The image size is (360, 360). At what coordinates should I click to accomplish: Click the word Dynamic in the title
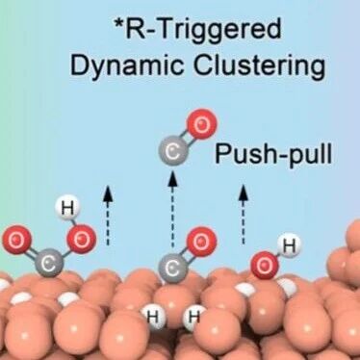click(127, 65)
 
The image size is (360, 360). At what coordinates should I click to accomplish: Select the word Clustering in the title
click(259, 65)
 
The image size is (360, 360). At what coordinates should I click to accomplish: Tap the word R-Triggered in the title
click(204, 29)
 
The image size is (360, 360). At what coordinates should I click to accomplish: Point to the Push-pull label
click(273, 154)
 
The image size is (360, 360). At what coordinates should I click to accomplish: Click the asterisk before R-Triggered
click(120, 23)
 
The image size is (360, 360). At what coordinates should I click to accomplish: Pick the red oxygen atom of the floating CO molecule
click(201, 124)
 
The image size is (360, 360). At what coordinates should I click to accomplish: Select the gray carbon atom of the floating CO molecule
click(173, 152)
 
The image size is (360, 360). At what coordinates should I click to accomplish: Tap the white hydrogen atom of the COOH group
click(67, 208)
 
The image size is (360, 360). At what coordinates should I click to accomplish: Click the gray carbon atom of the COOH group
click(50, 263)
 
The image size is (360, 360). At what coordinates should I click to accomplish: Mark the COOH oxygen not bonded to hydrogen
click(16, 240)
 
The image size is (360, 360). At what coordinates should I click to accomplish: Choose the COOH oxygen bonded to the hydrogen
click(82, 240)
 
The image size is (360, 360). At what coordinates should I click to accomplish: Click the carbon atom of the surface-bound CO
click(173, 269)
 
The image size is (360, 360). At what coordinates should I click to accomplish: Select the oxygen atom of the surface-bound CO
click(201, 242)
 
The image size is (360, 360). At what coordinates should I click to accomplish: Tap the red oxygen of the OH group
click(265, 265)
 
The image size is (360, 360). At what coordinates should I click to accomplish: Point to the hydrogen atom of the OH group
click(289, 245)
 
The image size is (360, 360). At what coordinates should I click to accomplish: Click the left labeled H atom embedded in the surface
click(153, 317)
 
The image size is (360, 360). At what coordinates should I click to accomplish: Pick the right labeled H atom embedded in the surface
click(194, 317)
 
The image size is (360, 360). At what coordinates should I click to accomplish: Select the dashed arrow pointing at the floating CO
click(173, 210)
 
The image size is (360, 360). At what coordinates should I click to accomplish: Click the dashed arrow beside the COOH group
click(108, 216)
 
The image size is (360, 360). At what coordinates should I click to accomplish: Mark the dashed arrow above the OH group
click(243, 215)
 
